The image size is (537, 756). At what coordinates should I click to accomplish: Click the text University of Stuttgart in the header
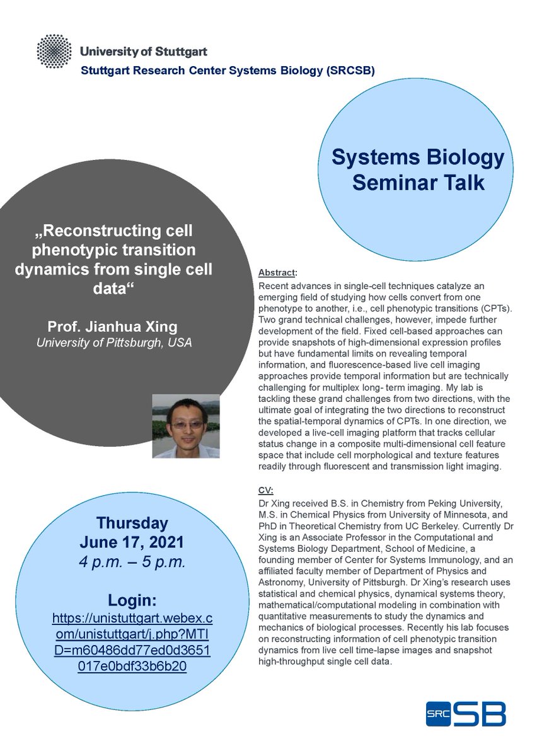(144, 51)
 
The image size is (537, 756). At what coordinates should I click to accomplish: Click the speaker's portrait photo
(186, 426)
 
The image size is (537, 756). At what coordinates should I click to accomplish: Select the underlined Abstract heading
(277, 273)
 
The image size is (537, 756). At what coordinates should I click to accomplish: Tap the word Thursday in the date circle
(132, 523)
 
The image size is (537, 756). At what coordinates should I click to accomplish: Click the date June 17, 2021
(132, 542)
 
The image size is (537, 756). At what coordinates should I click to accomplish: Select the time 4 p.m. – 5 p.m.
(132, 563)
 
